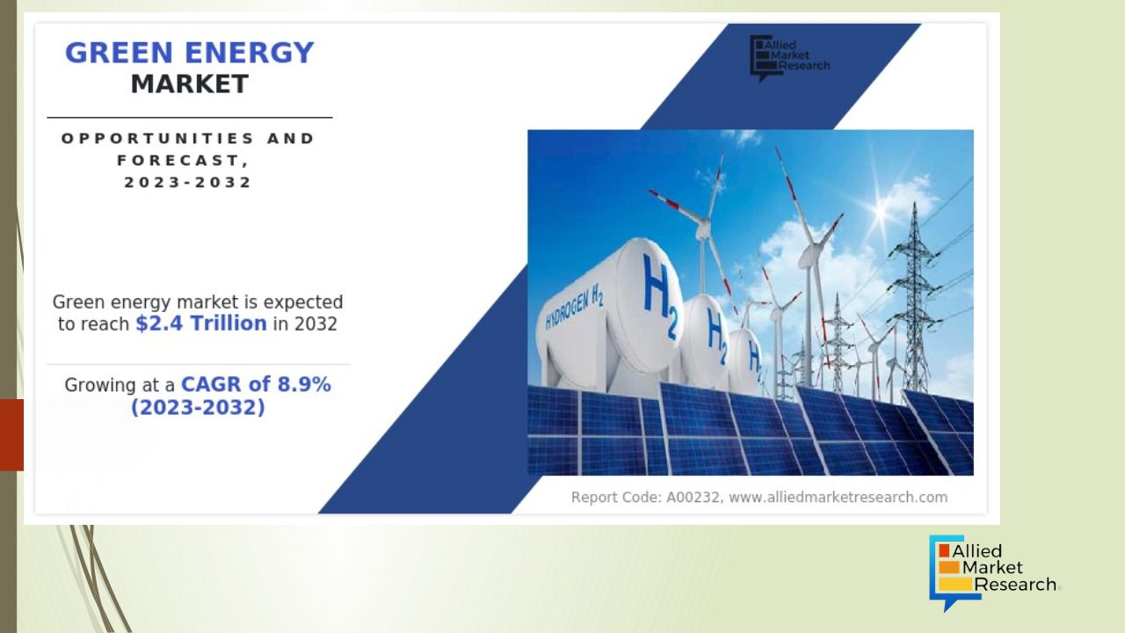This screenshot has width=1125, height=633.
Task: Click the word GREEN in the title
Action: [x=119, y=53]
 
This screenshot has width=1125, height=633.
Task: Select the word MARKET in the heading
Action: [x=189, y=84]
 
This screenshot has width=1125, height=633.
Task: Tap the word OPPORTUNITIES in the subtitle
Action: [x=158, y=138]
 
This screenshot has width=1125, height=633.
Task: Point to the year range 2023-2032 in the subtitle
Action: [x=187, y=182]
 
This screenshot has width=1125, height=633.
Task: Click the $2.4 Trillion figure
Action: [x=201, y=324]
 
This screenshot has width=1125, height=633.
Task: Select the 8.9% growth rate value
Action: [x=304, y=385]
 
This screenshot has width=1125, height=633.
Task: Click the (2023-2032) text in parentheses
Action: [x=198, y=407]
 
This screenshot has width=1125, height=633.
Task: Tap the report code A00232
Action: [x=693, y=498]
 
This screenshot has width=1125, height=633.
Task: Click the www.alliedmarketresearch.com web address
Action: [x=838, y=498]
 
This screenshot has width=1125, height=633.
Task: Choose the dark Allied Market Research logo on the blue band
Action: [x=789, y=58]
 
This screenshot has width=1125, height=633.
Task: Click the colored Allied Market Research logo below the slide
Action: [x=993, y=573]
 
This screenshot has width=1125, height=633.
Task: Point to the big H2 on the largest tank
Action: [x=660, y=296]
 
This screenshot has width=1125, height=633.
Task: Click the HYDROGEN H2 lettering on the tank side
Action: [x=574, y=307]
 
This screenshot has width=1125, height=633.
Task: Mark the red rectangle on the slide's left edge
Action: [x=11, y=435]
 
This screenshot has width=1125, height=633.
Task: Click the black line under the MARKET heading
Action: [x=190, y=118]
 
